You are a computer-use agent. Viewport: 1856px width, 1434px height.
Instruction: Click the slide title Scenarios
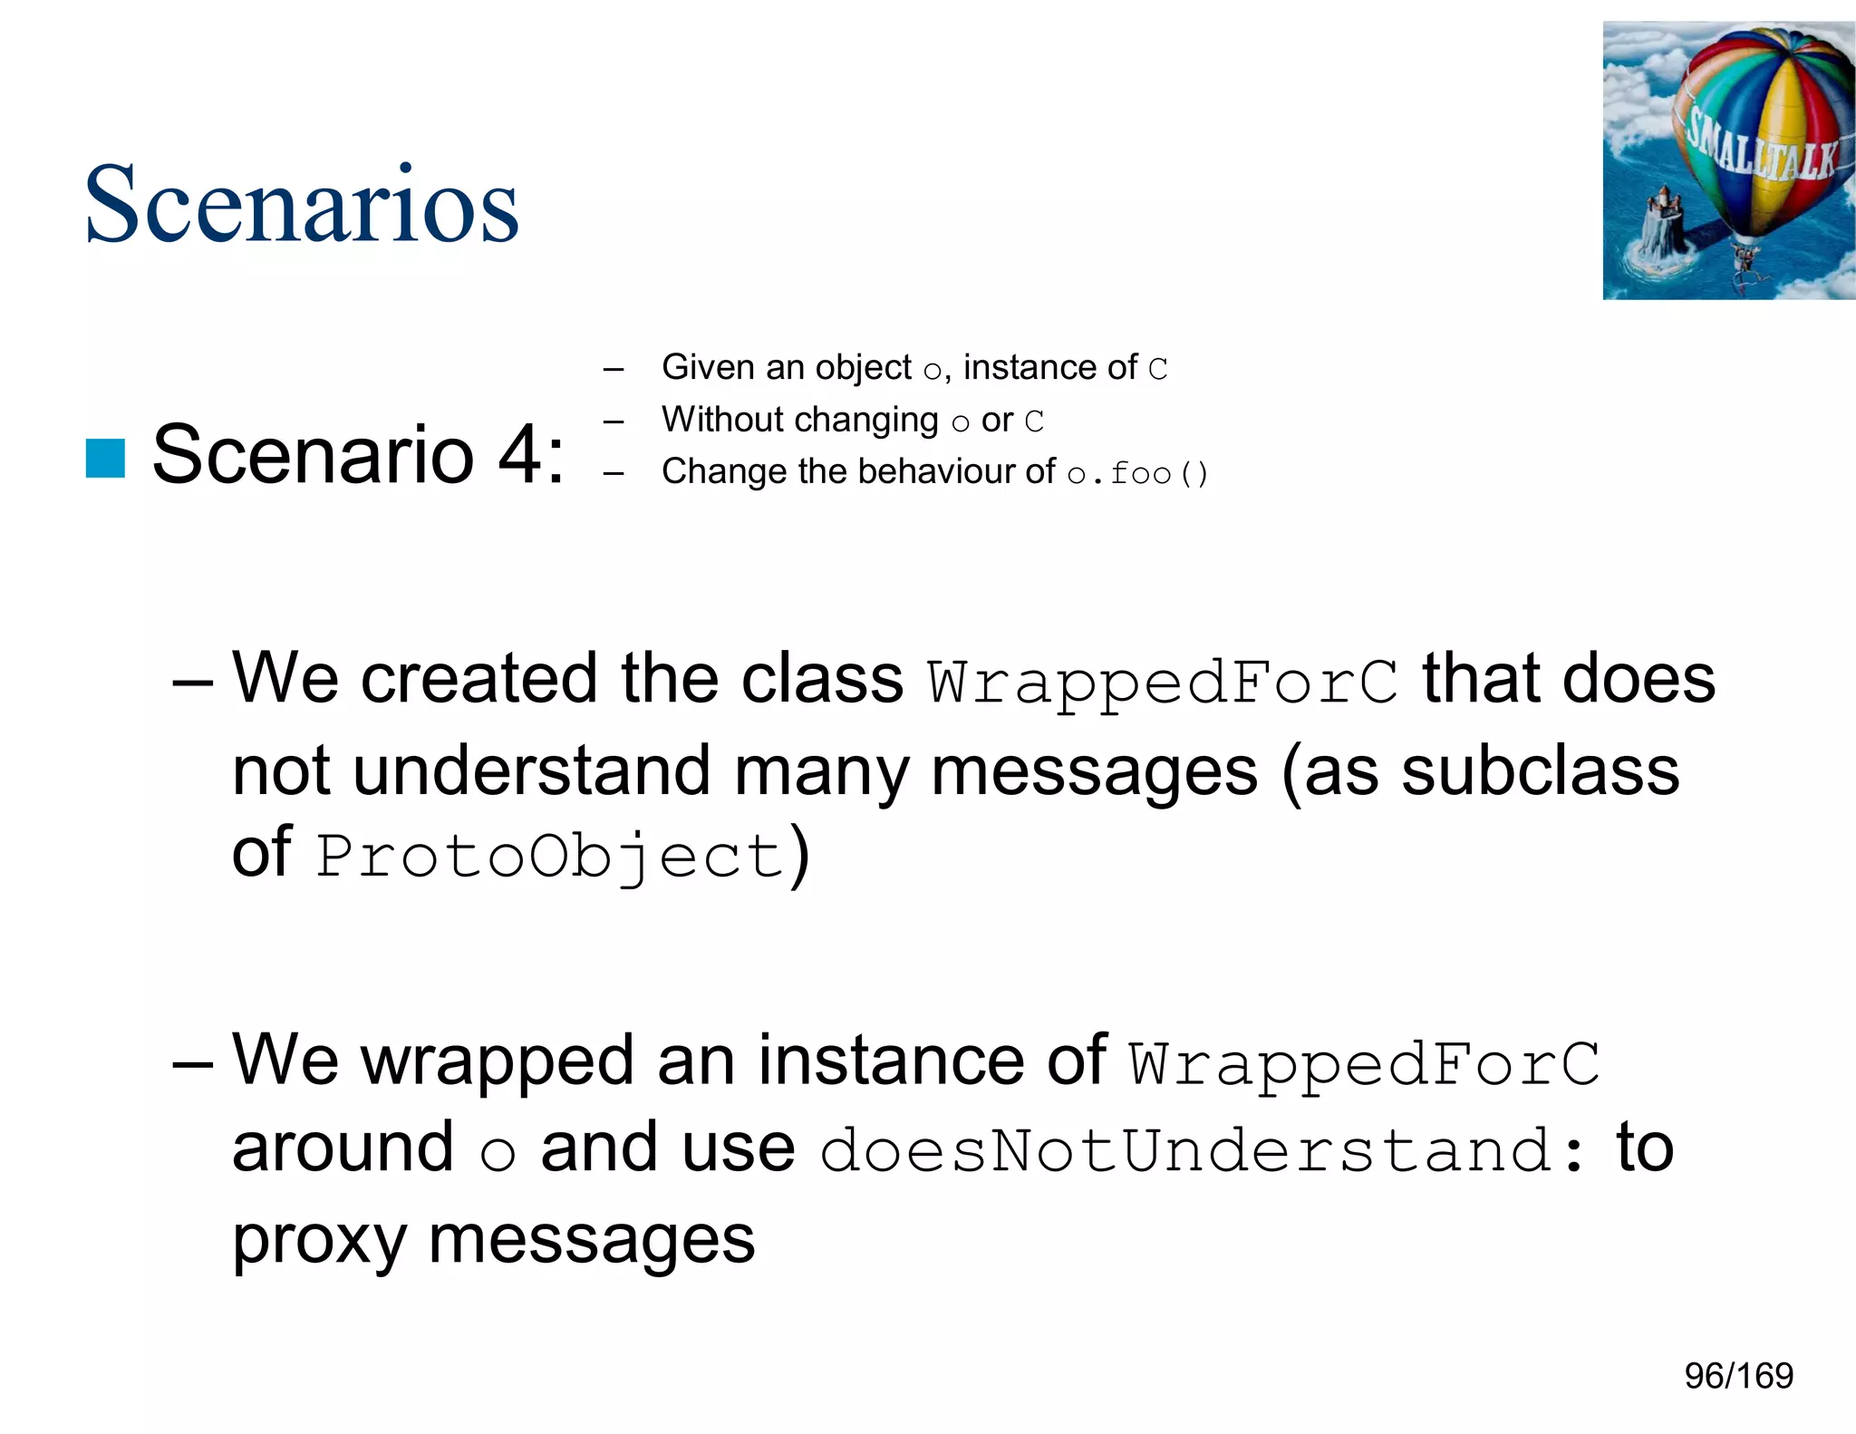coord(301,205)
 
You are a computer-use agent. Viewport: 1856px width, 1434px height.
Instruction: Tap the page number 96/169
coord(1738,1376)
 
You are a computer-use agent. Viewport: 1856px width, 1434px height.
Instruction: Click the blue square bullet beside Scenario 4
coord(105,458)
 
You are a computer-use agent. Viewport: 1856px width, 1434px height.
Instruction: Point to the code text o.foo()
coord(1137,473)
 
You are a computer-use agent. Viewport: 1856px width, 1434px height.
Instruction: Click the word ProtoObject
coord(550,856)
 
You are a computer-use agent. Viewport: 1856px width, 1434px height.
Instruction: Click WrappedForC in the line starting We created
coord(1163,682)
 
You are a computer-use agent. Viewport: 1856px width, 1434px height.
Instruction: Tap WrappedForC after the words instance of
coord(1364,1062)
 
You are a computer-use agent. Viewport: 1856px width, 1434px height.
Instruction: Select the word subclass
coord(1540,770)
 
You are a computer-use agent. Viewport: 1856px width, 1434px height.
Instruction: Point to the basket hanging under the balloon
coord(1743,257)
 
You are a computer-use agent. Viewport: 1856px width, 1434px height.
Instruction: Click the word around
coord(343,1148)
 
